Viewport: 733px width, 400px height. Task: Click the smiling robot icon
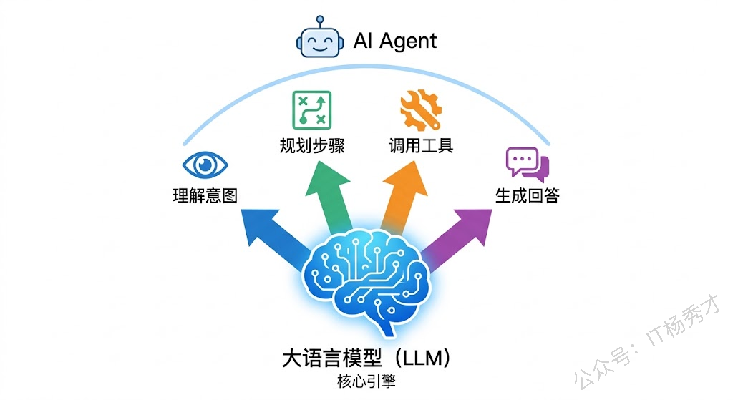[317, 39]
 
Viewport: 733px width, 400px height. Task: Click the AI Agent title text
[394, 41]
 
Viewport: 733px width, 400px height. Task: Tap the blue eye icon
[205, 165]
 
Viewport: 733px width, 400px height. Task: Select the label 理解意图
[205, 195]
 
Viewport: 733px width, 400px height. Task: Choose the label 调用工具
[421, 146]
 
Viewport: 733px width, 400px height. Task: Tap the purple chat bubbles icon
[527, 164]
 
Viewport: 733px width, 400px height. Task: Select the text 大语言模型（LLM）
[366, 358]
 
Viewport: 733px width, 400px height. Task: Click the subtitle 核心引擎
[366, 381]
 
